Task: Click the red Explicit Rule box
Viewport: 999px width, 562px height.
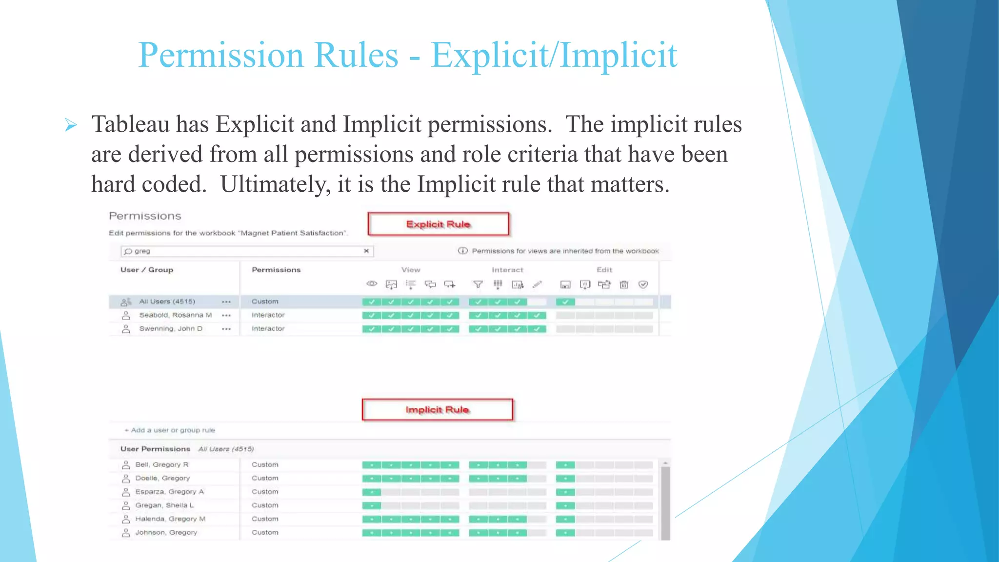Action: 438,224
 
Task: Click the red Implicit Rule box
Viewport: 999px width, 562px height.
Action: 437,410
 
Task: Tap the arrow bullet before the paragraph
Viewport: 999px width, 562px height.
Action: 71,125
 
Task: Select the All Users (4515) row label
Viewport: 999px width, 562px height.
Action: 167,301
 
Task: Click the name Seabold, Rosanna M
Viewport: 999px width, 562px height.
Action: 175,315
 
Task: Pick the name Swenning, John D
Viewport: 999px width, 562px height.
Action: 171,329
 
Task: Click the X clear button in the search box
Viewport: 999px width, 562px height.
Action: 366,251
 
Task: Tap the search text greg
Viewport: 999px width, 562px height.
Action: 142,251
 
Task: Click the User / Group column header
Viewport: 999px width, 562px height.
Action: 147,270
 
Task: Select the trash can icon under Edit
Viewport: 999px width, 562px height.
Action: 624,284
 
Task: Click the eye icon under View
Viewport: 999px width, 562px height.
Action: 372,284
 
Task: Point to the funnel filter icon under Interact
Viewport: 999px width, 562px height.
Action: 478,284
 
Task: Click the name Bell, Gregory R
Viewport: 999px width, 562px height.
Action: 162,464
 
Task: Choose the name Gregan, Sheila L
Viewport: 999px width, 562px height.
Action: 164,505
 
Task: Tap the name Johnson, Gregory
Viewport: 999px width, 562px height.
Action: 166,533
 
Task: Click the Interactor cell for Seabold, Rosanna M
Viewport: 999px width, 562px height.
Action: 268,315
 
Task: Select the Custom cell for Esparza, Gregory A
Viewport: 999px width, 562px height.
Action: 265,492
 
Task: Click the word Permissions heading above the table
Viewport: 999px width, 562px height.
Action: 145,216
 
